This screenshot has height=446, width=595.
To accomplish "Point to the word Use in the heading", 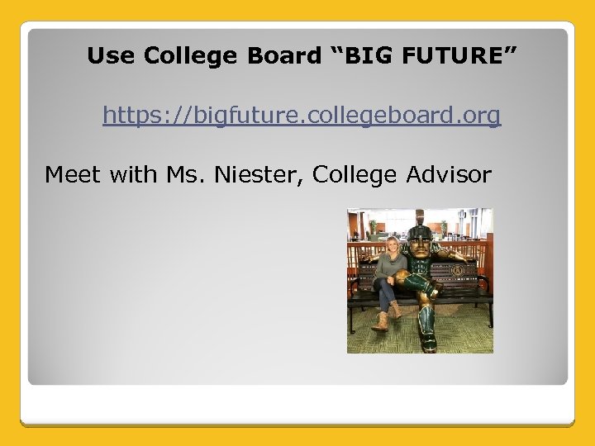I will [110, 56].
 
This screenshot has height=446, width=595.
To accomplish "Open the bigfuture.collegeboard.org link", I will [302, 116].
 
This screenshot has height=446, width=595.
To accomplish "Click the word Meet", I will [73, 174].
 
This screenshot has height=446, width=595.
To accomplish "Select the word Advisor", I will [450, 174].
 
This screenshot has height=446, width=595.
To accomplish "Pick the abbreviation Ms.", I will [185, 174].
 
